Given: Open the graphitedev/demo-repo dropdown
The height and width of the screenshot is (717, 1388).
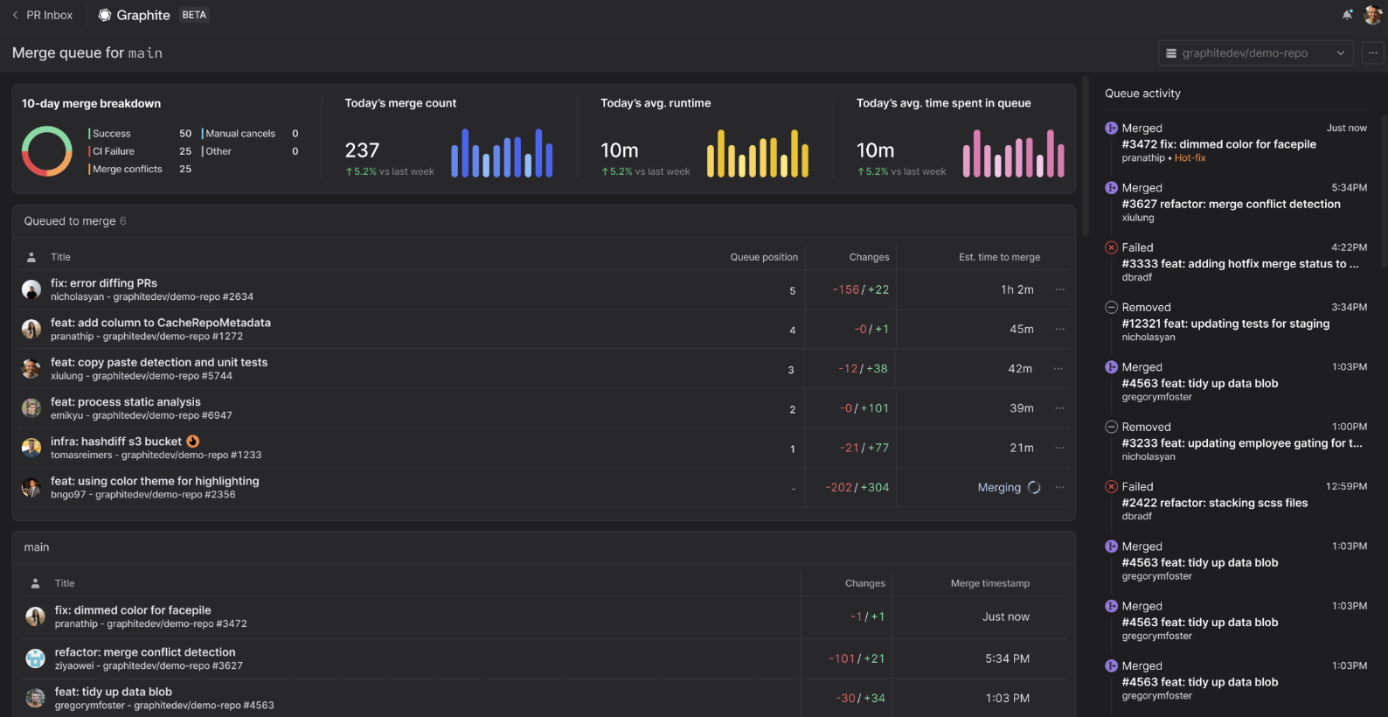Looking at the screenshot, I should [x=1255, y=53].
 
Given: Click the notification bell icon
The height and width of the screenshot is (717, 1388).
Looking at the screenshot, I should [x=1347, y=15].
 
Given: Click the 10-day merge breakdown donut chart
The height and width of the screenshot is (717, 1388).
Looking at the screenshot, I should [x=47, y=151].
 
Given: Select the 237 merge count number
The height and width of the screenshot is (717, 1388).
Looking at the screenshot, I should [x=362, y=150].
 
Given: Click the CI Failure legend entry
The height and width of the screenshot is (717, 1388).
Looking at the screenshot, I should [x=113, y=151].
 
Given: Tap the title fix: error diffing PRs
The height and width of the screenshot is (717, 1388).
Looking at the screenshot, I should [x=104, y=283].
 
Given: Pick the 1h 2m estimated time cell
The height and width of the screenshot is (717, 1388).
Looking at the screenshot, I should [x=1017, y=289].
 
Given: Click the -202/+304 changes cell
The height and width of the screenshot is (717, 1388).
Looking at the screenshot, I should [x=857, y=488].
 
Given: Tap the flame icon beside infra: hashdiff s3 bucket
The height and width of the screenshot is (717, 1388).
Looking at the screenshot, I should [x=193, y=442].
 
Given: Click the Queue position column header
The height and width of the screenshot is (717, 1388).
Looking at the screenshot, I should [x=764, y=257].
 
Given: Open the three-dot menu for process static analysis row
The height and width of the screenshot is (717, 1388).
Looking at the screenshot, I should [x=1059, y=408].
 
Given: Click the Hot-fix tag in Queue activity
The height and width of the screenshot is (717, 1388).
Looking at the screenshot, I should [x=1190, y=158].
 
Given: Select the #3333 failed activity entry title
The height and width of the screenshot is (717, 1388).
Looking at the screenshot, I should [x=1239, y=264].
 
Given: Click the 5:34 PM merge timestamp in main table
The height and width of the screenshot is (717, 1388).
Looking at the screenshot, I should [x=1007, y=659].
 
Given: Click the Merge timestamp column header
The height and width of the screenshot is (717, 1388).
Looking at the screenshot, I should [x=989, y=583].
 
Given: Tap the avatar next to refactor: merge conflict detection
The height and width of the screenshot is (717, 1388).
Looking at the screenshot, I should [x=36, y=658].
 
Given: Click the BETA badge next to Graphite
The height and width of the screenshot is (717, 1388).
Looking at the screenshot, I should [x=194, y=15].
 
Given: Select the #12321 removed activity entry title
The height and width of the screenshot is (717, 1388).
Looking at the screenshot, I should [x=1225, y=324].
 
